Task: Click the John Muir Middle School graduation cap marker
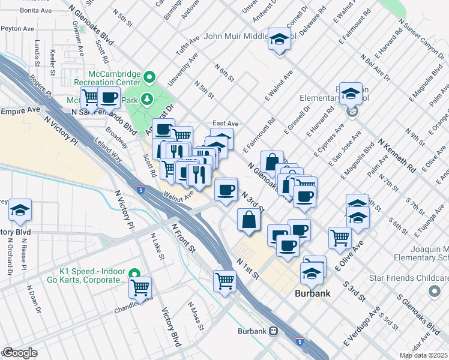pyautogui.click(x=279, y=40)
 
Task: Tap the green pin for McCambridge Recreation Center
pyautogui.click(x=149, y=77)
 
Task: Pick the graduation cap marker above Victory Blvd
pyautogui.click(x=20, y=210)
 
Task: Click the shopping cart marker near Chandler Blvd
pyautogui.click(x=140, y=288)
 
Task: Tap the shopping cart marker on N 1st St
pyautogui.click(x=225, y=280)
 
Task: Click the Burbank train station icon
pyautogui.click(x=273, y=331)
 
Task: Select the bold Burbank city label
pyautogui.click(x=313, y=295)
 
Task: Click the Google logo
pyautogui.click(x=19, y=353)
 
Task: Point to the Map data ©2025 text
pyautogui.click(x=423, y=355)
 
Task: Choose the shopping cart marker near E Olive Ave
pyautogui.click(x=340, y=237)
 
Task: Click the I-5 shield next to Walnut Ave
pyautogui.click(x=140, y=190)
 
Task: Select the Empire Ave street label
pyautogui.click(x=20, y=111)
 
